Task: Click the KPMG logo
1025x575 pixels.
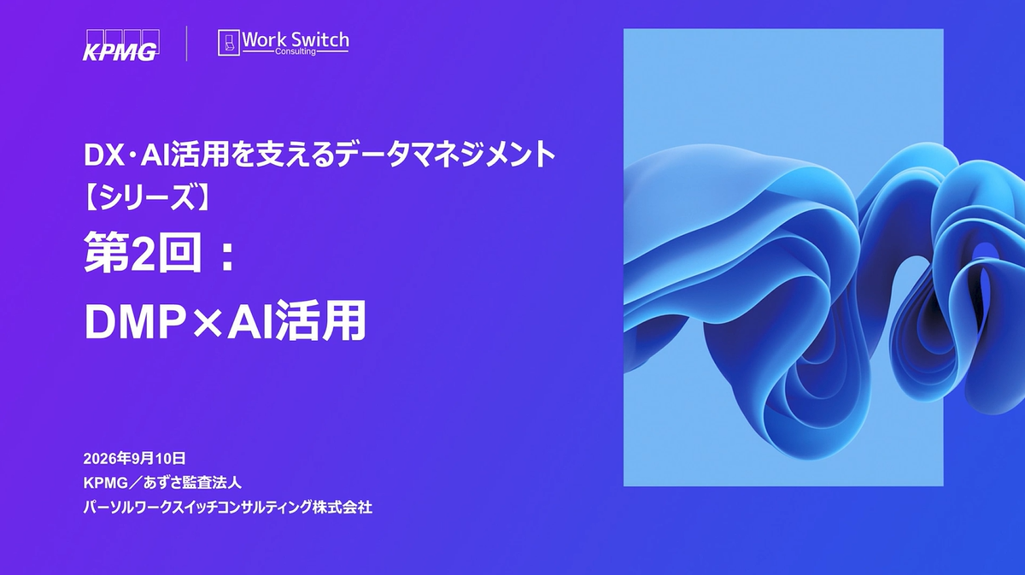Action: [121, 45]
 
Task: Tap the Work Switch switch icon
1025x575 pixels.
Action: [229, 43]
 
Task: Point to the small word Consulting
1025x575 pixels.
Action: [296, 51]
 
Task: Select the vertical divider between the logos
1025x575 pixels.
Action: [187, 44]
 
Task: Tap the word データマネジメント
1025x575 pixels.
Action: [445, 155]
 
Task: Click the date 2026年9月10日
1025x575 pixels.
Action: [135, 458]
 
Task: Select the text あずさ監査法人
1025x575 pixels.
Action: [192, 483]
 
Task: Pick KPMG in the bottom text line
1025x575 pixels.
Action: [106, 483]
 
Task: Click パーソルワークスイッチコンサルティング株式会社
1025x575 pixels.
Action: [228, 508]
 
